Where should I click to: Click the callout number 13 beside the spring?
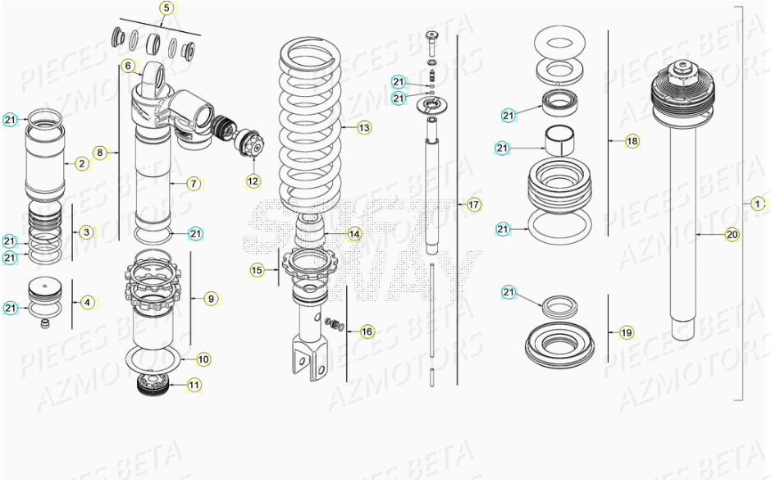click(x=363, y=127)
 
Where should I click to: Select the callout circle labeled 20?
click(x=732, y=235)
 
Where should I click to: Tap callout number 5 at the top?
click(x=167, y=9)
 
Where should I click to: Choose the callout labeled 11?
click(x=194, y=384)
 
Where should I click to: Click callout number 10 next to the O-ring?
click(x=203, y=359)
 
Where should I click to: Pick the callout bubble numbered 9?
click(x=211, y=299)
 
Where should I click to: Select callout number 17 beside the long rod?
click(x=474, y=204)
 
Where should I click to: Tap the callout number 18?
click(x=632, y=141)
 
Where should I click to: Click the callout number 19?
click(x=627, y=333)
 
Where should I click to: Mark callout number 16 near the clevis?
click(x=366, y=331)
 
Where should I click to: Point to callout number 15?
click(x=257, y=269)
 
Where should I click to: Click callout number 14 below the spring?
click(x=354, y=234)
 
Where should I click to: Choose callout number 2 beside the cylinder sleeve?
click(x=82, y=163)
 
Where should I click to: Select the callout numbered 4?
click(x=88, y=302)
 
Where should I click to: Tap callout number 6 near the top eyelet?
click(x=128, y=65)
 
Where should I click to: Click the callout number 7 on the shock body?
click(x=193, y=184)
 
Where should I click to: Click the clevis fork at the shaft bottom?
click(x=304, y=362)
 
